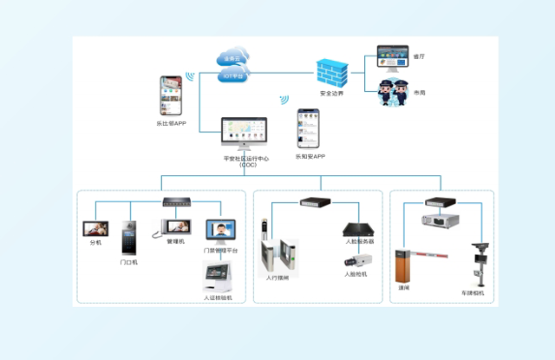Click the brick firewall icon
pos(331,73)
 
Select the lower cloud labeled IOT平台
pos(234,75)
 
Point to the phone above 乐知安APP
pos(309,128)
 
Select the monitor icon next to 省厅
pos(392,57)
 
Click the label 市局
pos(420,92)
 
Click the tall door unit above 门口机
pos(129,236)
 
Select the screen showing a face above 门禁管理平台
pos(220,231)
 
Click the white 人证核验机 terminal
pos(219,278)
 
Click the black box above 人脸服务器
pos(358,230)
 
